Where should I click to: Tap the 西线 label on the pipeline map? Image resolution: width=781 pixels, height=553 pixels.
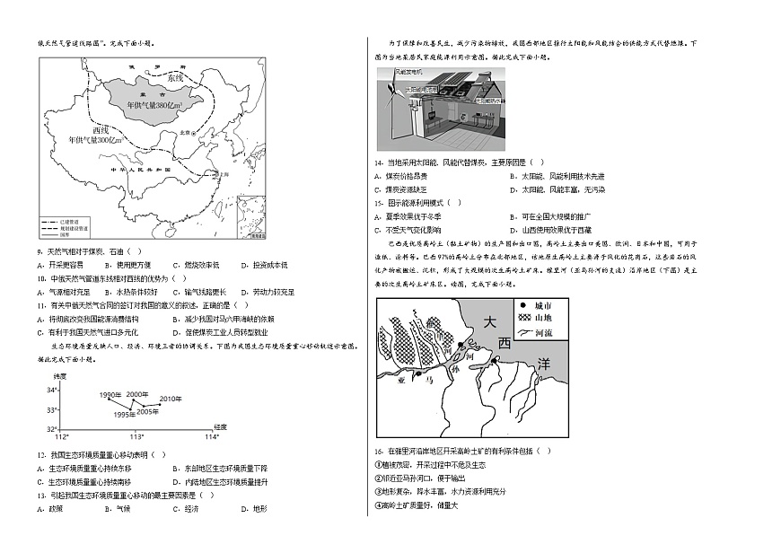tap(110, 128)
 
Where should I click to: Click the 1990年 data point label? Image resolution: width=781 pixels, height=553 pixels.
tap(110, 396)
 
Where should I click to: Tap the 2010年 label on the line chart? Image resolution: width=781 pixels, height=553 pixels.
tap(171, 398)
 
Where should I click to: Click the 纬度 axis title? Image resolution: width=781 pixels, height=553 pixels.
tap(59, 374)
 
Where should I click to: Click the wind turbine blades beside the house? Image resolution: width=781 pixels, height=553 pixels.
tap(391, 93)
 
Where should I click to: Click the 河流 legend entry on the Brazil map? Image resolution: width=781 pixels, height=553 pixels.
tap(536, 332)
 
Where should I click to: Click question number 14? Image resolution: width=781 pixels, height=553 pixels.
tap(379, 162)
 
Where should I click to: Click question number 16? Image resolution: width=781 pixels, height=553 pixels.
tap(379, 451)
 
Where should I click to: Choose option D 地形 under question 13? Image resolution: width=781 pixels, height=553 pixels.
tap(253, 508)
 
